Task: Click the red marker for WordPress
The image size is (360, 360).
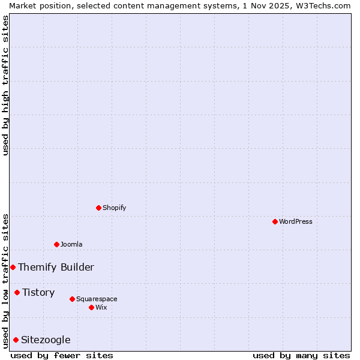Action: click(x=275, y=221)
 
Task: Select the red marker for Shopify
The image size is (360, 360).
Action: click(x=98, y=208)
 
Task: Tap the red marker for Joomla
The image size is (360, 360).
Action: click(x=56, y=244)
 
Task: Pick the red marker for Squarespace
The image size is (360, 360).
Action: click(x=72, y=299)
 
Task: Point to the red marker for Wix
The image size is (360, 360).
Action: click(x=91, y=307)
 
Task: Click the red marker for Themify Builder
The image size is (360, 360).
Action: click(x=13, y=267)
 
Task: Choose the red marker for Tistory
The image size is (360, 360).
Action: click(x=17, y=292)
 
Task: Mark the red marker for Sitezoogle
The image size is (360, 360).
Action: click(x=16, y=340)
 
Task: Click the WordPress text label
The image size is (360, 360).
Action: click(x=296, y=221)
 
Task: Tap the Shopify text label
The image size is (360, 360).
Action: click(x=115, y=208)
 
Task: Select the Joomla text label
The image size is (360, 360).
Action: click(x=71, y=244)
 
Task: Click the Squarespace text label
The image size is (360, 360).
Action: click(x=97, y=299)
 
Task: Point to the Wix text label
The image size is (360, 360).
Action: click(x=101, y=307)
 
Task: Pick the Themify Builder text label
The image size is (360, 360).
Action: click(x=56, y=267)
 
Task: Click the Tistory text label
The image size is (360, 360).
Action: click(x=38, y=292)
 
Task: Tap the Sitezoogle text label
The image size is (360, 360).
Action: click(x=46, y=340)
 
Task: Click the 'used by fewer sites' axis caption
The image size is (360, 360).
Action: click(x=62, y=355)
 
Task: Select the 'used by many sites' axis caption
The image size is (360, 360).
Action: click(x=301, y=355)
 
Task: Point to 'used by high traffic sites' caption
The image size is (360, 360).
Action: click(x=5, y=85)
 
